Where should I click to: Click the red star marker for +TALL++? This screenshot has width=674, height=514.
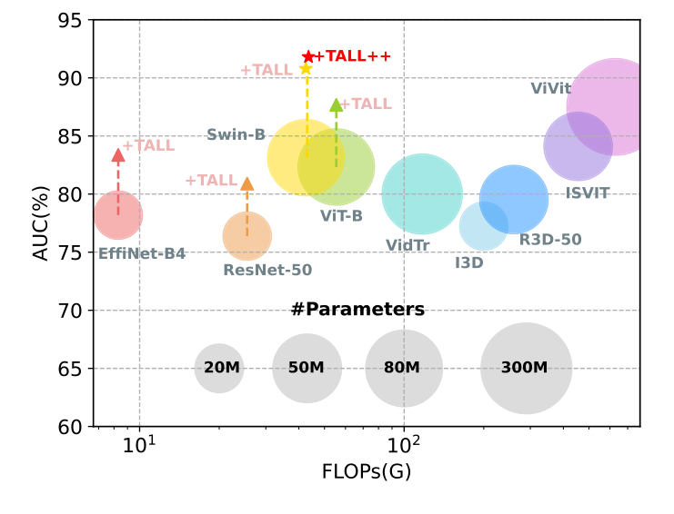click(x=308, y=56)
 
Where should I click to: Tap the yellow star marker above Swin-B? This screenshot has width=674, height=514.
click(x=307, y=69)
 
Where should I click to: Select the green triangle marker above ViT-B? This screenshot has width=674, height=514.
click(x=337, y=106)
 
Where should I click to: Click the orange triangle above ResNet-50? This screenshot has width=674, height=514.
click(x=246, y=184)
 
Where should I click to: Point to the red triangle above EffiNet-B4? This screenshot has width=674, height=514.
click(x=117, y=155)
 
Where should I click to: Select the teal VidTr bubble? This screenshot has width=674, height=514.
click(x=422, y=194)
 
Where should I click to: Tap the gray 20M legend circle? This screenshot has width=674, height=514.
click(x=219, y=368)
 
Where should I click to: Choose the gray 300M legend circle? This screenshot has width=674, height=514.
click(x=526, y=368)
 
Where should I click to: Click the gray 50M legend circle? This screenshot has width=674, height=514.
click(x=307, y=368)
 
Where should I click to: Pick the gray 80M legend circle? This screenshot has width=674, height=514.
click(x=403, y=368)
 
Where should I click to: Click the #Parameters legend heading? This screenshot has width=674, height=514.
click(x=357, y=310)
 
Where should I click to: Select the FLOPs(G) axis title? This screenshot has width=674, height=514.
click(x=361, y=473)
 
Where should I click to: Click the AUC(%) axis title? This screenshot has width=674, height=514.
click(x=40, y=222)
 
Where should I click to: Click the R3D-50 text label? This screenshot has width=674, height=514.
click(x=550, y=240)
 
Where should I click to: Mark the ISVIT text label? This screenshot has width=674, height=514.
click(x=588, y=193)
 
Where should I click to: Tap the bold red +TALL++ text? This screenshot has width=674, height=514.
click(x=353, y=56)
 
